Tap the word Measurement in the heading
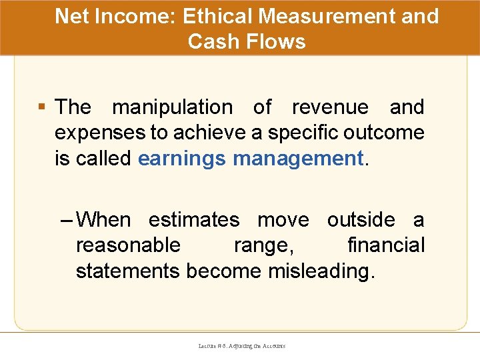[334, 16]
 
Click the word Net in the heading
[71, 16]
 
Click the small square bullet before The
[43, 107]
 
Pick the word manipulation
[172, 107]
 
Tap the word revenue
[330, 107]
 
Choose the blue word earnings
[181, 159]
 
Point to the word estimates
[193, 220]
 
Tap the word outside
[361, 220]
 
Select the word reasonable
[128, 245]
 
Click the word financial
[385, 245]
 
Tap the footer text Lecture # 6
[212, 346]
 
